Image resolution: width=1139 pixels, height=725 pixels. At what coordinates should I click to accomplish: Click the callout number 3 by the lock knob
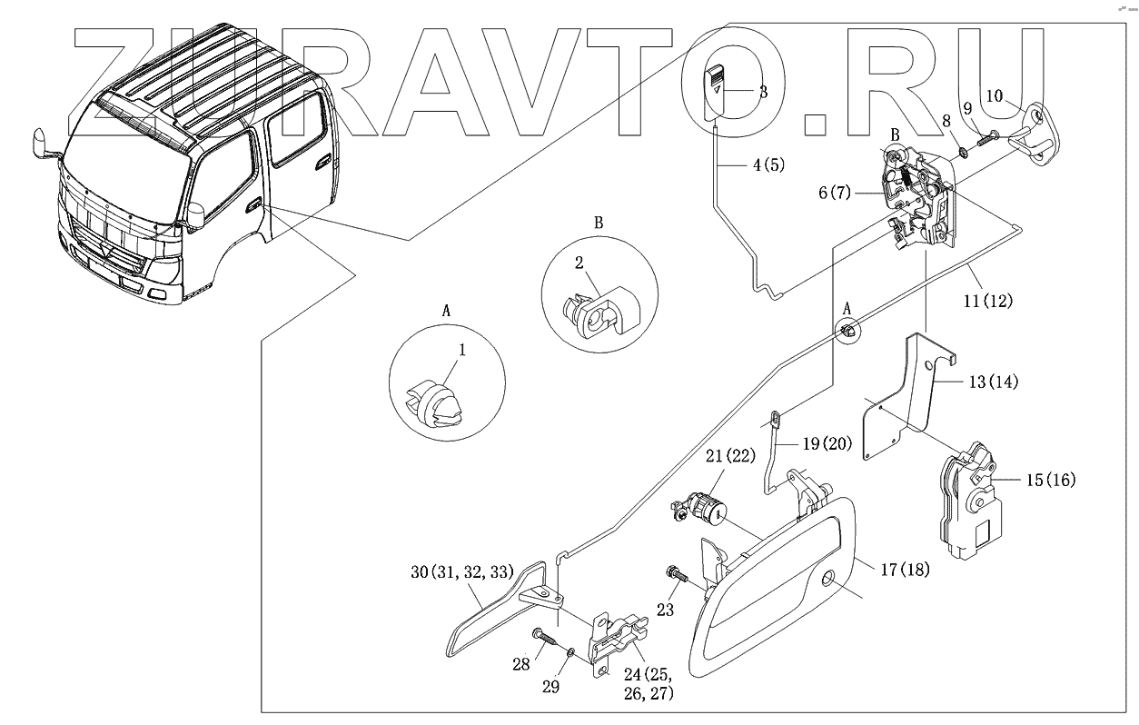[763, 92]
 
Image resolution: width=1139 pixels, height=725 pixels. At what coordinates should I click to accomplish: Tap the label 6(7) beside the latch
[834, 194]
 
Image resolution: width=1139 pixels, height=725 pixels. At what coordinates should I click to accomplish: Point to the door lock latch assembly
[917, 200]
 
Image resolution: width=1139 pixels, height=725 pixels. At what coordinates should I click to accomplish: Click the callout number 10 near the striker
[995, 95]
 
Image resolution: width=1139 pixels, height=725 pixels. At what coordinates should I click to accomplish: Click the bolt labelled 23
[675, 574]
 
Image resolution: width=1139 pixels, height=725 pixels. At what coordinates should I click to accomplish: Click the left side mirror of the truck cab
[44, 144]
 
